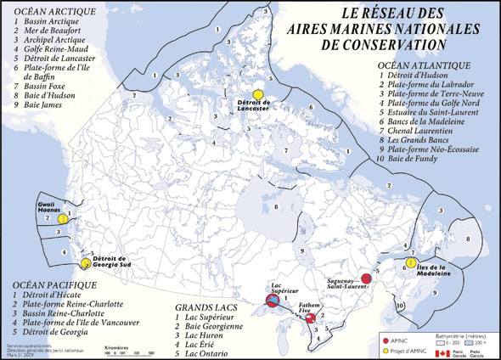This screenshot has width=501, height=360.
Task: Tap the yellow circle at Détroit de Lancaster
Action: click(x=259, y=95)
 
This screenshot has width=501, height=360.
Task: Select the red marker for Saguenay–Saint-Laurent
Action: click(x=366, y=278)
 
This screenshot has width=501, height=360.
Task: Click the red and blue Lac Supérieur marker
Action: click(x=273, y=301)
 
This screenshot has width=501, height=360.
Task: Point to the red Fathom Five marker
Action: click(x=311, y=318)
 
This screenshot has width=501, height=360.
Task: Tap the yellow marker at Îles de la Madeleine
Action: click(x=411, y=263)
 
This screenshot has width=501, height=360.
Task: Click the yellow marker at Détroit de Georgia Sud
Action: click(x=84, y=264)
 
